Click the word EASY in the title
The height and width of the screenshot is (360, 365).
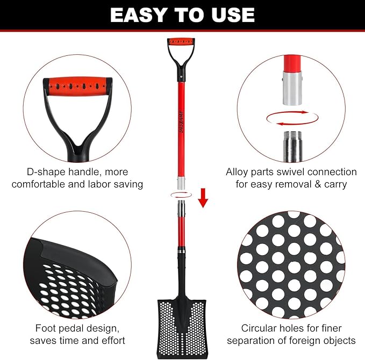point(136,15)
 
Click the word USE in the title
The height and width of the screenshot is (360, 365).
point(232,15)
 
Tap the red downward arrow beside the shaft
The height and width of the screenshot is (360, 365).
point(203,197)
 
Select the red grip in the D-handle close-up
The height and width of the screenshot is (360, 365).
point(78,85)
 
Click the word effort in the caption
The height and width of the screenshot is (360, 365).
point(111,340)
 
